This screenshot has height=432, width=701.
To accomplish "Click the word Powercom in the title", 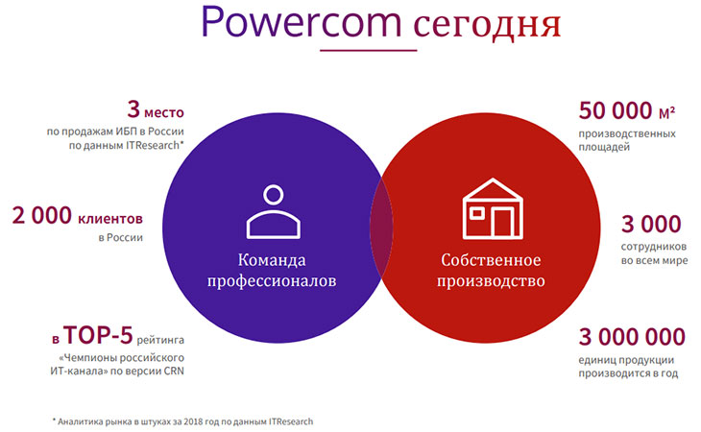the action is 302,22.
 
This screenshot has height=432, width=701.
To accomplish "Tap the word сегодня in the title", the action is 487,26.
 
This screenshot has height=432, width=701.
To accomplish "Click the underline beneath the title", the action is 369,50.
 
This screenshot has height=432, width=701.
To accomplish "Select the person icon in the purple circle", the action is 273,211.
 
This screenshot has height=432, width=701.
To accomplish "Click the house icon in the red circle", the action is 493,208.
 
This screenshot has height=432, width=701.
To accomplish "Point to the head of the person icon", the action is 273,195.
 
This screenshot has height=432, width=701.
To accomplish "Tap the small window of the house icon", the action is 476,213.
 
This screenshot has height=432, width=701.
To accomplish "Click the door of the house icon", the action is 502,223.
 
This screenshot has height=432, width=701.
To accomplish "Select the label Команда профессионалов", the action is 272,271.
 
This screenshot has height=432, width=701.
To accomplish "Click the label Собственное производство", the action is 491,271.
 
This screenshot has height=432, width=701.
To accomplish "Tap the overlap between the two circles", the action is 381,228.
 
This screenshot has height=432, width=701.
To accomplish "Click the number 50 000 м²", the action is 627,110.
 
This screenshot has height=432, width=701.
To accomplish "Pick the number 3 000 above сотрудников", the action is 651,224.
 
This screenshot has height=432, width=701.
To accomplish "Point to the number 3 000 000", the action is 632,336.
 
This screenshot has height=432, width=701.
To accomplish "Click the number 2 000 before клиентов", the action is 41,215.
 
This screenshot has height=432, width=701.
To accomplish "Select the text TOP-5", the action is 98,335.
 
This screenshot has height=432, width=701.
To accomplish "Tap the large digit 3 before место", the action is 133,109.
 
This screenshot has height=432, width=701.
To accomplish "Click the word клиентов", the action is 110,219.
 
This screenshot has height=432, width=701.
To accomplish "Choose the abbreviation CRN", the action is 174,371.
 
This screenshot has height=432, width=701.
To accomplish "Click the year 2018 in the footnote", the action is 193,421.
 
